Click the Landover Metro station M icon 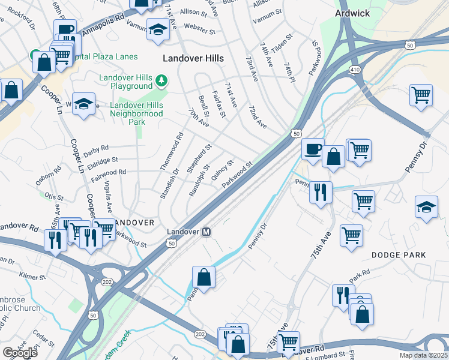206,232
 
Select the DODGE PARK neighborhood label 399,255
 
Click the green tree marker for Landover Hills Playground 161,80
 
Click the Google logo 19,353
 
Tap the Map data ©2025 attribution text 423,355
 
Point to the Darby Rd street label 96,148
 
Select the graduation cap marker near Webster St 157,30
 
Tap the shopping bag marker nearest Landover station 203,278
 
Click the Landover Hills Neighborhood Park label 137,113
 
